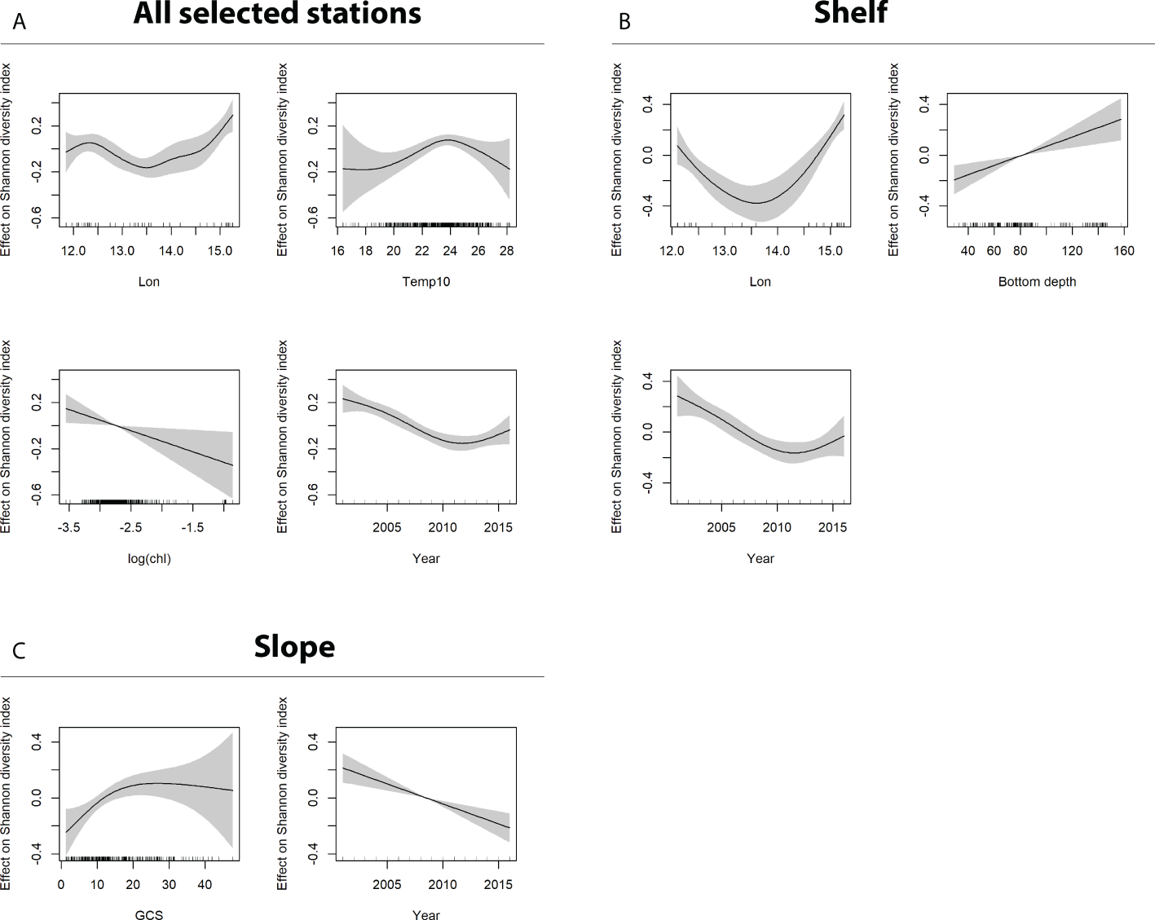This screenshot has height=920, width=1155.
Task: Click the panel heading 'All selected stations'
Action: point(277,13)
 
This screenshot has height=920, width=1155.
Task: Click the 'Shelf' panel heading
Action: point(850,13)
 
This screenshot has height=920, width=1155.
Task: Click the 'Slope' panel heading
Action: point(294,646)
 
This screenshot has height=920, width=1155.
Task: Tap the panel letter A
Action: point(20,22)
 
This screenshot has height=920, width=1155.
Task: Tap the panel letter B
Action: point(624,22)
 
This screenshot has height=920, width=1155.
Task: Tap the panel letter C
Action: point(19,651)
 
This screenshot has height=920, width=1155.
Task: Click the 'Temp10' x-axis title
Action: point(425,282)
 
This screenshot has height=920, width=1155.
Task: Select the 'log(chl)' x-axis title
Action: point(149,559)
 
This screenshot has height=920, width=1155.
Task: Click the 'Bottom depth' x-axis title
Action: point(1037,282)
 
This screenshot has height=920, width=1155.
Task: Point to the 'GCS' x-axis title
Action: point(149,916)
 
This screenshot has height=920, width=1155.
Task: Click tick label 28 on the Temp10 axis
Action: point(506,251)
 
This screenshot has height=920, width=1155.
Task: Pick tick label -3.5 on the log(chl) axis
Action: point(68,528)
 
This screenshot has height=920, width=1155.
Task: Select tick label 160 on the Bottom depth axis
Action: point(1124,251)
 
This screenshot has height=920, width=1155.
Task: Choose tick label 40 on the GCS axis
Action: point(205,885)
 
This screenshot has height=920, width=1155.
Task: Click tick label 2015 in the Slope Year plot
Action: point(498,885)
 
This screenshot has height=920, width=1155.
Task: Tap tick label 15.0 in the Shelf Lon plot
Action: point(830,251)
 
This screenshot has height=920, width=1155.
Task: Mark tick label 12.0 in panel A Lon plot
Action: point(73,251)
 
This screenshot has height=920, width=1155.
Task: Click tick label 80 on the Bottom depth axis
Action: point(1020,251)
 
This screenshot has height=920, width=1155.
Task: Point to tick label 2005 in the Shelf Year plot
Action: point(721,528)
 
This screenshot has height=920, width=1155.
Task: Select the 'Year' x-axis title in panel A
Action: point(425,559)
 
